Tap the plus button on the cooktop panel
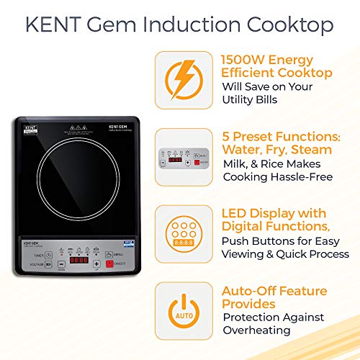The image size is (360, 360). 96,262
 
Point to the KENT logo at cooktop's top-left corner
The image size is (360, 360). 30,128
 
